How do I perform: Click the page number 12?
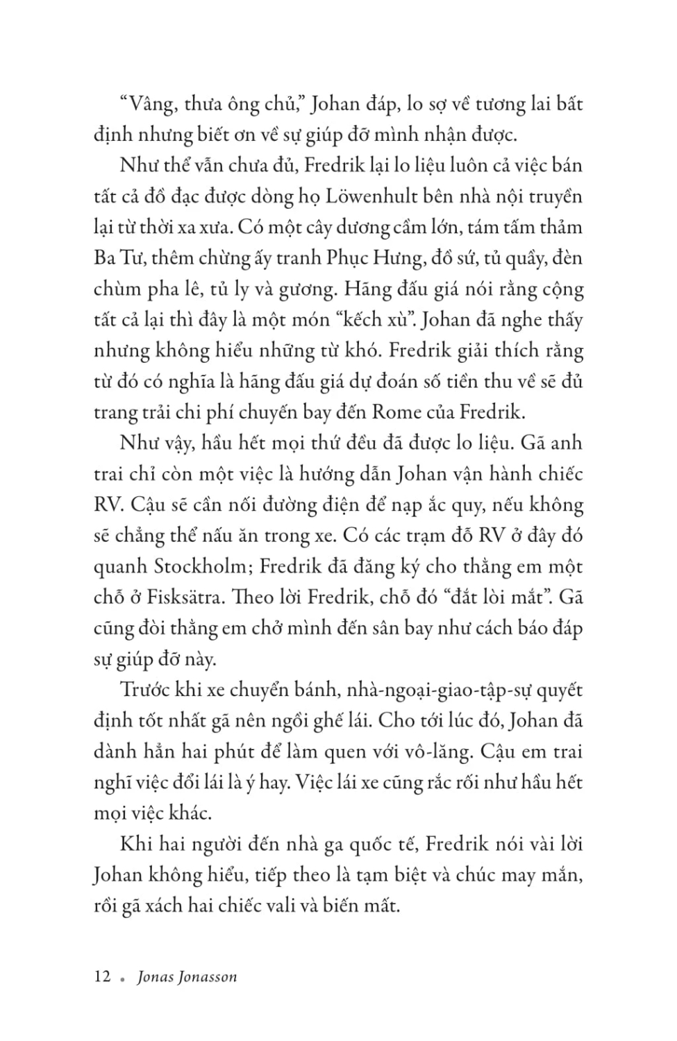102,976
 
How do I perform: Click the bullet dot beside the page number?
122,979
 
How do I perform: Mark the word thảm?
561,228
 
